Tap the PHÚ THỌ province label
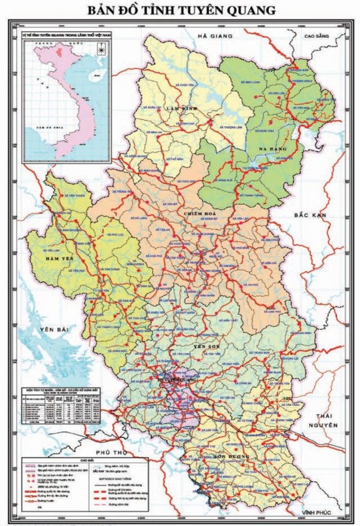pos(104,452)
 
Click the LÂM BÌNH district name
pos(182,108)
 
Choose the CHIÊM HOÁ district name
pos(200,214)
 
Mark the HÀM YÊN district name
pos(58,258)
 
